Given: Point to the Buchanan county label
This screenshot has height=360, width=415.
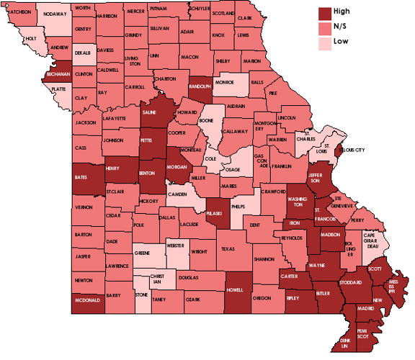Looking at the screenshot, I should [x=58, y=74].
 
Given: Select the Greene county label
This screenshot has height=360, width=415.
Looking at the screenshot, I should [x=142, y=253].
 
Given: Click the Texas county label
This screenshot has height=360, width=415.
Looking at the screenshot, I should [x=228, y=248].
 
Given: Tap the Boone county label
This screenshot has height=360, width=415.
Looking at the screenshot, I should [x=207, y=120].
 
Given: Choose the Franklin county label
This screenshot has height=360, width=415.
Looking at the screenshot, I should [x=282, y=166].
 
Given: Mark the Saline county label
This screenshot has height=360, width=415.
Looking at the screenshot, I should [x=149, y=113].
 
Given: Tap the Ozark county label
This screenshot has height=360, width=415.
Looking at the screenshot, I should [x=192, y=299].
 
